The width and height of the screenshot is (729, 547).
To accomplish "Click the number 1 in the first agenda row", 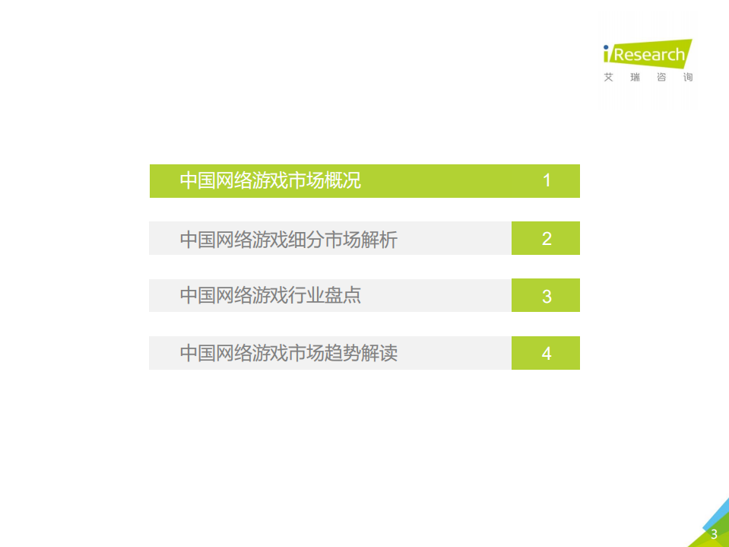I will pyautogui.click(x=546, y=181).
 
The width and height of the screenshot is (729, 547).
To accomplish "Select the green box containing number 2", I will pyautogui.click(x=546, y=239).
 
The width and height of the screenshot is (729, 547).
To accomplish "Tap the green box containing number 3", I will pyautogui.click(x=546, y=296).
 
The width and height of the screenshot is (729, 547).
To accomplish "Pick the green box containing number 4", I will pyautogui.click(x=546, y=354).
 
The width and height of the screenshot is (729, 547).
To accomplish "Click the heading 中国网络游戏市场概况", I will pyautogui.click(x=270, y=181).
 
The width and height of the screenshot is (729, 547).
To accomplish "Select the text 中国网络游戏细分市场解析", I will pyautogui.click(x=288, y=240).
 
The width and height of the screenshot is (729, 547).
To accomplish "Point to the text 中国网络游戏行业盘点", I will pyautogui.click(x=270, y=296).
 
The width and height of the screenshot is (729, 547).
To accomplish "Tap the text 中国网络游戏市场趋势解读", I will pyautogui.click(x=288, y=354).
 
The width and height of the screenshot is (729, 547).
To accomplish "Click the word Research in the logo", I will pyautogui.click(x=649, y=55).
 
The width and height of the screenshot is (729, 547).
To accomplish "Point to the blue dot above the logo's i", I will pyautogui.click(x=607, y=47).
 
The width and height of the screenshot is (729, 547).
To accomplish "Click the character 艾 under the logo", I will pyautogui.click(x=608, y=78).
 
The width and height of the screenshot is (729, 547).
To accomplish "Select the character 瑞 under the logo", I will pyautogui.click(x=635, y=78).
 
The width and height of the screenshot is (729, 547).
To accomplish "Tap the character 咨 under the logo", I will pyautogui.click(x=661, y=78).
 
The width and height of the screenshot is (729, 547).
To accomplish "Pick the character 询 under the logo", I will pyautogui.click(x=688, y=78).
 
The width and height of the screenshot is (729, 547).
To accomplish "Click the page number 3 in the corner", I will pyautogui.click(x=714, y=535).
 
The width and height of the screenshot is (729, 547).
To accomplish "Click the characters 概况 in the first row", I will pyautogui.click(x=343, y=181).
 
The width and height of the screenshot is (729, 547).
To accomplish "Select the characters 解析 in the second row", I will pyautogui.click(x=379, y=240).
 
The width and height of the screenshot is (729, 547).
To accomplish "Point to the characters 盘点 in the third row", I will pyautogui.click(x=343, y=296).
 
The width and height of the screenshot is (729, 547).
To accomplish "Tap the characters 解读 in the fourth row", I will pyautogui.click(x=379, y=354).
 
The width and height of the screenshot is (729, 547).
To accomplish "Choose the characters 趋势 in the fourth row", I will pyautogui.click(x=343, y=354).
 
